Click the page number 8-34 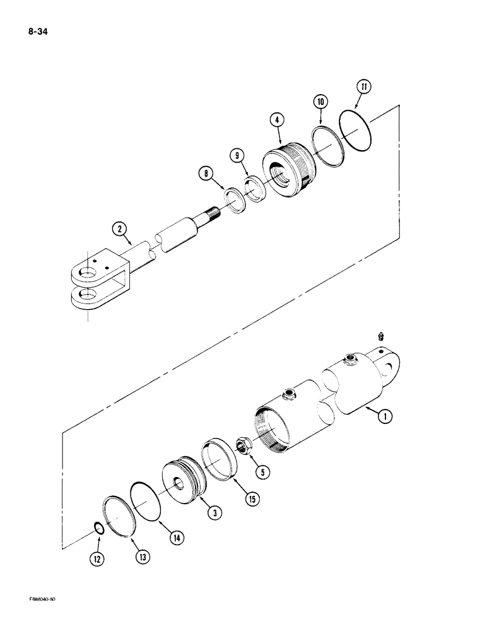click(39, 29)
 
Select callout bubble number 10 click(320, 101)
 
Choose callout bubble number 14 click(177, 538)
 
